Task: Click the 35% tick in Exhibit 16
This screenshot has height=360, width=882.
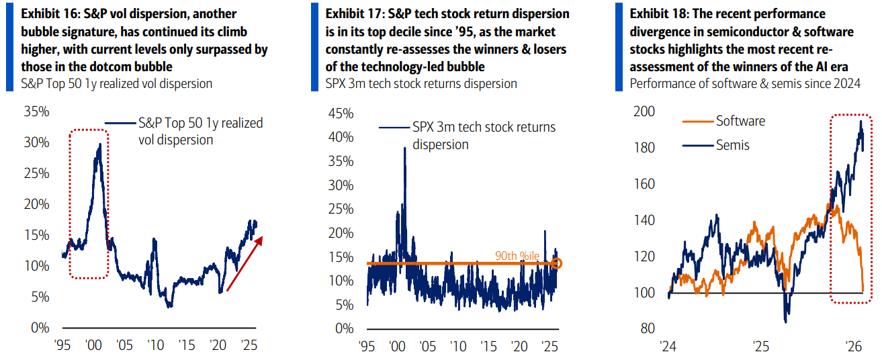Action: [37, 111]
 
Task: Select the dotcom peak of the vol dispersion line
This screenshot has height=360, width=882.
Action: [100, 144]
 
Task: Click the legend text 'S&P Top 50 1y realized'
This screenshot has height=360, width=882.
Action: [200, 123]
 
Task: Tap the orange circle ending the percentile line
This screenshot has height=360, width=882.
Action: [557, 263]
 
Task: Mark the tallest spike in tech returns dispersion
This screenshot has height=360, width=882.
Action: [404, 148]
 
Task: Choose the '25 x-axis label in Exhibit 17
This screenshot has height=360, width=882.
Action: [549, 347]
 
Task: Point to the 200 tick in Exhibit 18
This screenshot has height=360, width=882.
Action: [645, 111]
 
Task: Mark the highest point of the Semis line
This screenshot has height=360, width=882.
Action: [861, 121]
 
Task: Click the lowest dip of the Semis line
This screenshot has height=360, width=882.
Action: [786, 322]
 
